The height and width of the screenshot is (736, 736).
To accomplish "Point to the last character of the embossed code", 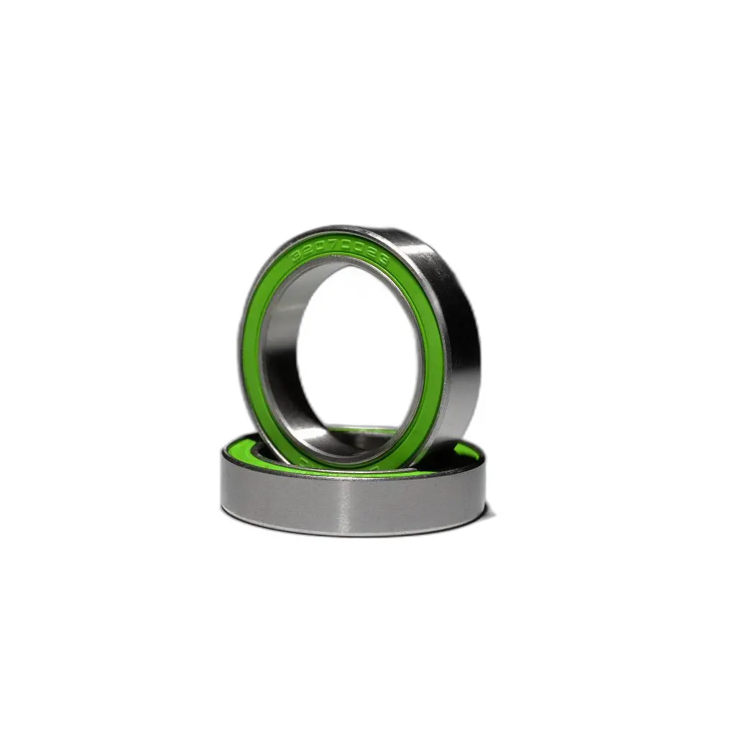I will coord(383,263).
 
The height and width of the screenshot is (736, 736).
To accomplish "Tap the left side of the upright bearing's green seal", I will coord(251,352).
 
